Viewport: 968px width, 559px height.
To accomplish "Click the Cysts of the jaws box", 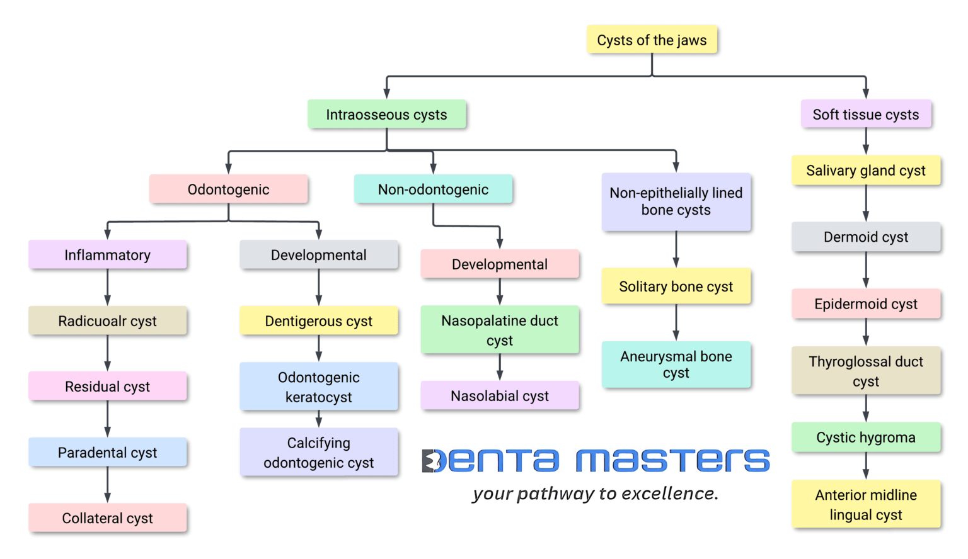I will tap(652, 40).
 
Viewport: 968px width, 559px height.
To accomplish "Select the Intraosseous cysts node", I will tap(386, 115).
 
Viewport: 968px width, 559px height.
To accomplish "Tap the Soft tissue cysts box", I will tap(865, 115).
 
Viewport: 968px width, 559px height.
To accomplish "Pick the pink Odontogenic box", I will tap(228, 189).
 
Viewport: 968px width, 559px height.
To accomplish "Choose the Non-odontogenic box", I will tap(433, 189).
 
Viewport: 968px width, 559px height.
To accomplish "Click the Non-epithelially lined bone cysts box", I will tap(676, 201).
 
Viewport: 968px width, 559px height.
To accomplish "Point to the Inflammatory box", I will tap(107, 255).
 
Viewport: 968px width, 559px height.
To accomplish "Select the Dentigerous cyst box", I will tap(318, 321).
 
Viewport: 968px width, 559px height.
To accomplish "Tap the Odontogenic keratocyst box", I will tap(318, 387).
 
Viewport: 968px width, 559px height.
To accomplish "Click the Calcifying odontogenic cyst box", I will tap(318, 453).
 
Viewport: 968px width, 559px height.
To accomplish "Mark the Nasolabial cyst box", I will tap(499, 396).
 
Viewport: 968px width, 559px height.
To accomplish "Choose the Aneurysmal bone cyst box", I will tap(676, 364).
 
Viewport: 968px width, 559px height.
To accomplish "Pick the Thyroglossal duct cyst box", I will tap(865, 371).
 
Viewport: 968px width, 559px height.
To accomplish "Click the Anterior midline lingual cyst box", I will tap(865, 504).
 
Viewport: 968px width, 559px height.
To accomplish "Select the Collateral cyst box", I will tap(107, 518).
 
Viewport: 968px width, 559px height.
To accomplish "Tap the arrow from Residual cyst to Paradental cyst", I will tap(108, 419).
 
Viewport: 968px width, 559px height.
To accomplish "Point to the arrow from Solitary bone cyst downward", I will tap(676, 322).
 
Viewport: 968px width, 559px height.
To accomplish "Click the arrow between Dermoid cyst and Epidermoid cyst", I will tap(866, 270).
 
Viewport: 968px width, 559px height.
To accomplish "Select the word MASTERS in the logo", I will tap(672, 461).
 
